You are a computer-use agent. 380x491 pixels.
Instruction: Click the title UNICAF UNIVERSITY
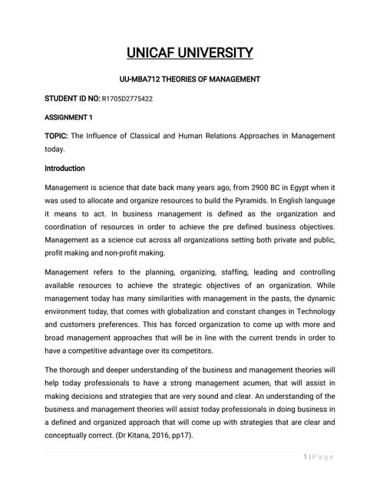[x=190, y=53]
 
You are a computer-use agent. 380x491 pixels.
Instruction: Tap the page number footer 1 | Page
[x=319, y=457]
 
